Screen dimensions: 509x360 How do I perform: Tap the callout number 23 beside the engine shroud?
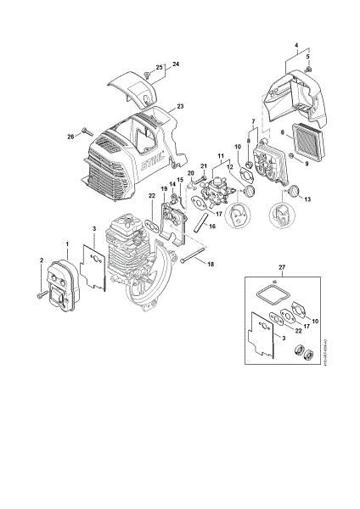[x=180, y=107]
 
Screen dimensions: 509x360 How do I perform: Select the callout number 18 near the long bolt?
[x=211, y=265]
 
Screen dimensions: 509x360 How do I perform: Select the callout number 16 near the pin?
[x=212, y=227]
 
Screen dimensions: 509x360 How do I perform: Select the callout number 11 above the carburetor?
[x=222, y=156]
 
